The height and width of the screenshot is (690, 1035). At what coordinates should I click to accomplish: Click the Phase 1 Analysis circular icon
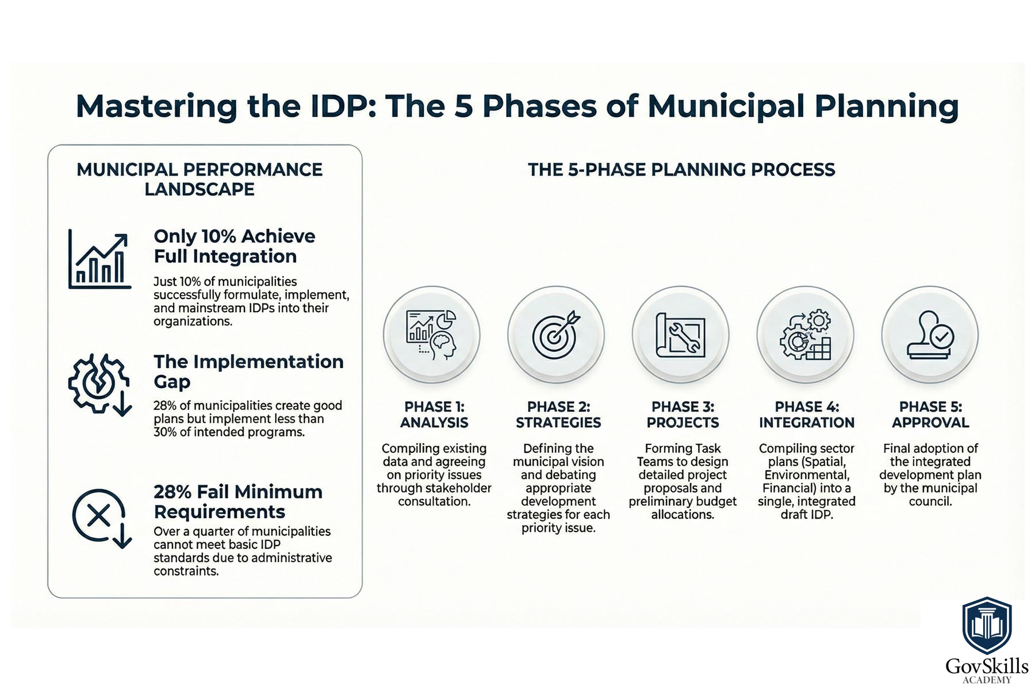(x=432, y=335)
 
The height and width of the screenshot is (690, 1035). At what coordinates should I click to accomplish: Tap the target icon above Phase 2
(x=556, y=335)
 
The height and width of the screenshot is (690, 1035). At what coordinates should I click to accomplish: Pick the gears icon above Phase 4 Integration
(x=806, y=335)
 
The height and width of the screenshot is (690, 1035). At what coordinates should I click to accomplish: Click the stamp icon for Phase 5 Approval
(x=930, y=335)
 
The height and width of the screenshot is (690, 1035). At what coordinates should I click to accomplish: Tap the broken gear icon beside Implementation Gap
(x=99, y=384)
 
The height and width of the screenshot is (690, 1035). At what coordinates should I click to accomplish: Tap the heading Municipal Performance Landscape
(x=200, y=179)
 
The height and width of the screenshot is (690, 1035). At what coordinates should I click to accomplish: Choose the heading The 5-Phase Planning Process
(x=681, y=170)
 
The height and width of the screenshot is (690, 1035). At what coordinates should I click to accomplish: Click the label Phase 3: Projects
(x=683, y=415)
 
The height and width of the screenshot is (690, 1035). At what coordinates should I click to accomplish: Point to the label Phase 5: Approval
(x=930, y=415)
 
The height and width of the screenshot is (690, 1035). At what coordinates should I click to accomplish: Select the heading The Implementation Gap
(x=248, y=371)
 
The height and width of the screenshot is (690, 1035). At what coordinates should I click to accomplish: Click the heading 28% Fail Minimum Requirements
(x=238, y=501)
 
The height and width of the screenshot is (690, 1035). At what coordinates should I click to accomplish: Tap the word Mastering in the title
(x=156, y=107)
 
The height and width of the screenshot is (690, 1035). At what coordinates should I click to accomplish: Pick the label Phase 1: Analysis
(x=434, y=415)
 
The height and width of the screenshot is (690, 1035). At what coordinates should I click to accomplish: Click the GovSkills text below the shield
(x=987, y=666)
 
